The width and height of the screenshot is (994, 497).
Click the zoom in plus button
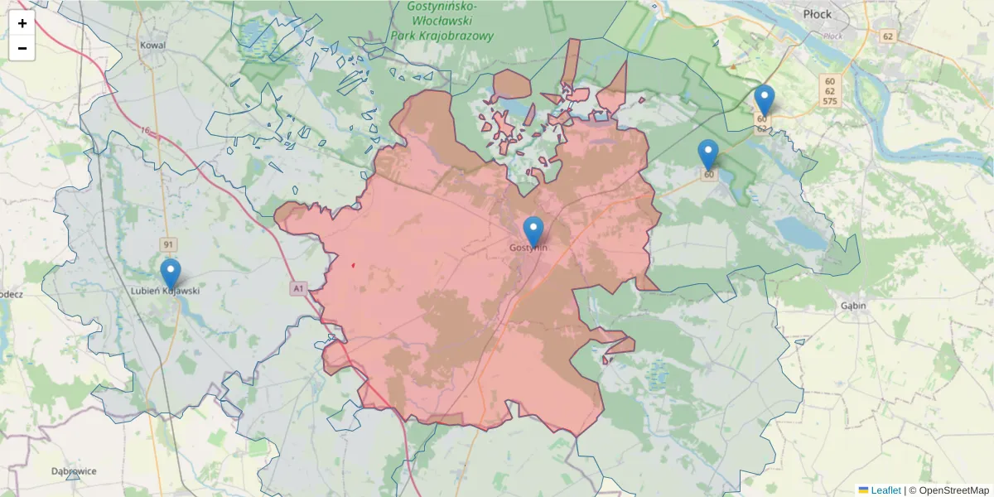(x=22, y=23)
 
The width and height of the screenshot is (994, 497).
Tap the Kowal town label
(x=153, y=46)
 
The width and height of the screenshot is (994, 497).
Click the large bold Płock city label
(x=818, y=14)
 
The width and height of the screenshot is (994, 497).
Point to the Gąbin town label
(x=852, y=306)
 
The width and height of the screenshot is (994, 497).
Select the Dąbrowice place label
(x=74, y=471)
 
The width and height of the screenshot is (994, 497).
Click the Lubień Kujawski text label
(x=166, y=292)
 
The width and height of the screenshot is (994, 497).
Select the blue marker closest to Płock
(x=765, y=100)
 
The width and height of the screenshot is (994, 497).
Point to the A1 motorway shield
(x=298, y=288)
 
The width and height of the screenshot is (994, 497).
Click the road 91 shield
(x=169, y=244)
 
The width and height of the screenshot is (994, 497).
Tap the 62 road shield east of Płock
(x=888, y=36)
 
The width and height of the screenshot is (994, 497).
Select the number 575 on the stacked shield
(x=828, y=101)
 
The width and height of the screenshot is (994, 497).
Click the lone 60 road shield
(x=709, y=175)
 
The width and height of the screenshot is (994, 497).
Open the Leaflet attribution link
(x=885, y=490)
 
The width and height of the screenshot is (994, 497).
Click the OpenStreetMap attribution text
(x=953, y=490)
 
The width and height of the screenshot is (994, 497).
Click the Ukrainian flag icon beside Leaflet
(x=863, y=490)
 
